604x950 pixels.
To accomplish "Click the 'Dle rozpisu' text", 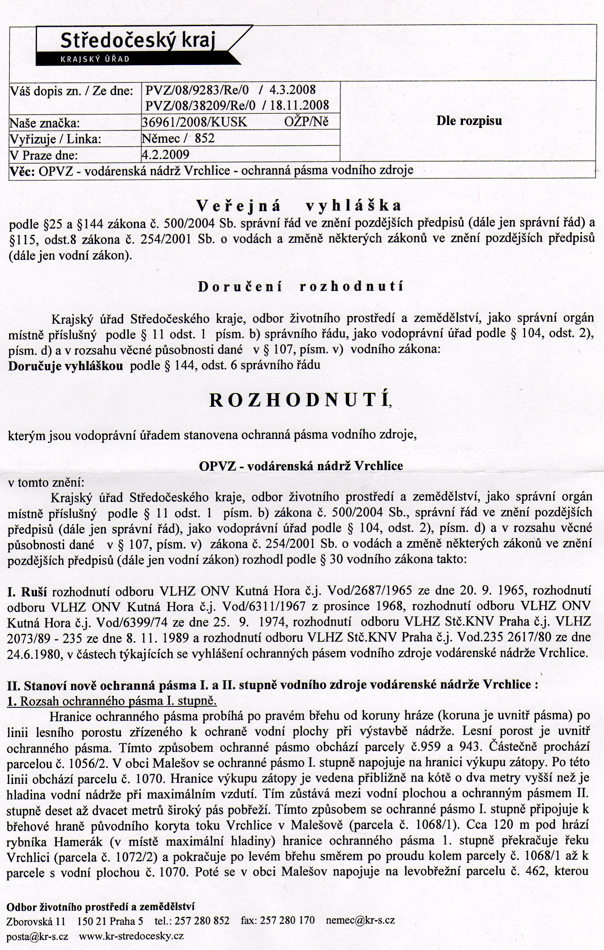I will pyautogui.click(x=469, y=121).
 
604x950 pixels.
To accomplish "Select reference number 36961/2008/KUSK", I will pyautogui.click(x=195, y=122).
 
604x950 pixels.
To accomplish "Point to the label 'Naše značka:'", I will pyautogui.click(x=44, y=123).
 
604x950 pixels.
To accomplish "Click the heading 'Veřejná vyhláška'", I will pyautogui.click(x=299, y=206).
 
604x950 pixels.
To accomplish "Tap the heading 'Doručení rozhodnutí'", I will pyautogui.click(x=301, y=287).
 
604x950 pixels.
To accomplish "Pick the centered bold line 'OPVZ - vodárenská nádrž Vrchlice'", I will pyautogui.click(x=301, y=466).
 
